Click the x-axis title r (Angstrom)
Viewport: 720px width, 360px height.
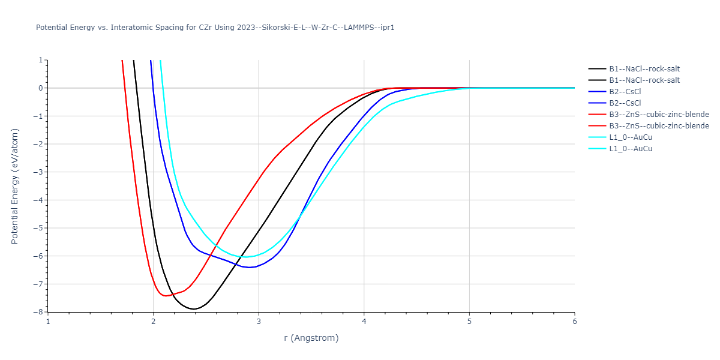311,338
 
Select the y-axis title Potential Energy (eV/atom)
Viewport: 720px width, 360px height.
15,186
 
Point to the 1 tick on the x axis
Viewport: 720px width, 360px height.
48,321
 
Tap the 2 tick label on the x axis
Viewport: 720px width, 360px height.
154,321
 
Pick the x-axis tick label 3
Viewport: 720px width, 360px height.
259,321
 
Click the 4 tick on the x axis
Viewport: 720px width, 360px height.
364,321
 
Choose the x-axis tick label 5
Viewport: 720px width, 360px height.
469,321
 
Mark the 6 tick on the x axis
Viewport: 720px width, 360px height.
574,321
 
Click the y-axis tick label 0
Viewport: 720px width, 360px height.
40,88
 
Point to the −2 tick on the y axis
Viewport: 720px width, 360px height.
38,144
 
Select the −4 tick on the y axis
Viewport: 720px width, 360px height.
38,200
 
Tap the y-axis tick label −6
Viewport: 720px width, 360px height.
38,256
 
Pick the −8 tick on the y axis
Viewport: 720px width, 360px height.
38,312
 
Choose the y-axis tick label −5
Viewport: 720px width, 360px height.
38,228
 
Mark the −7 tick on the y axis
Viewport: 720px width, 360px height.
38,284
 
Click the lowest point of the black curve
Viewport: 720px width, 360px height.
194,309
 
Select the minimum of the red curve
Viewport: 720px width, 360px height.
165,296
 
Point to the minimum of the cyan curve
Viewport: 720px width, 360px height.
245,257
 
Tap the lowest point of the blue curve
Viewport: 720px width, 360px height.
249,267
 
